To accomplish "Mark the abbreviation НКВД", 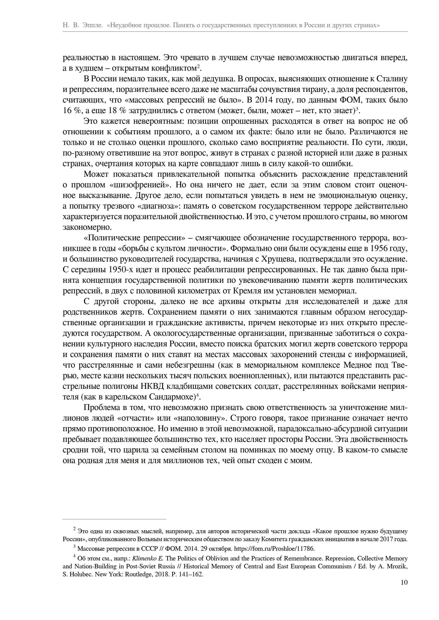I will click(x=152, y=386).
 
